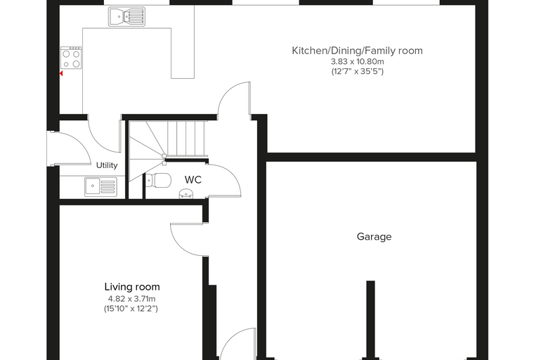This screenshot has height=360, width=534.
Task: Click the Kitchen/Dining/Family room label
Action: coord(357,51)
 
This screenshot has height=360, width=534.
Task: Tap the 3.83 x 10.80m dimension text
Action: coord(357,62)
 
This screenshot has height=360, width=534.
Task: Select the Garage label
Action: coord(374,236)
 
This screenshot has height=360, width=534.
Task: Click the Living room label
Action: coord(132,287)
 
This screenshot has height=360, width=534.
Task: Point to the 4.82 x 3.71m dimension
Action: coord(131,299)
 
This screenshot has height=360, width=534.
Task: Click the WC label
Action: coord(193,180)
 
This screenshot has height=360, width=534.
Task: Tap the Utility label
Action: coord(107,165)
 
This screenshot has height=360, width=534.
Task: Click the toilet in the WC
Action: coord(158,180)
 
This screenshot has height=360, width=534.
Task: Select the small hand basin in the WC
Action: coord(186,193)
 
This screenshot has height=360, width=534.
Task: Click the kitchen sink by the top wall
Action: coord(126,17)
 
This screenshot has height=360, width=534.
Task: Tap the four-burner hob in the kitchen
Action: coord(71,58)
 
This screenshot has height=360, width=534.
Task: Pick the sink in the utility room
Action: coord(100,187)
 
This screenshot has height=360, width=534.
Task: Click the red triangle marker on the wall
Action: coord(61,73)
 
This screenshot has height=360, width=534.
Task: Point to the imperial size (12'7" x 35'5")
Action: coord(358,71)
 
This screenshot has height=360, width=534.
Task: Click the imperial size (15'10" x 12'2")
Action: coord(131,309)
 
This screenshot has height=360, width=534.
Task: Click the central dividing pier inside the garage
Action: coord(370,320)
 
